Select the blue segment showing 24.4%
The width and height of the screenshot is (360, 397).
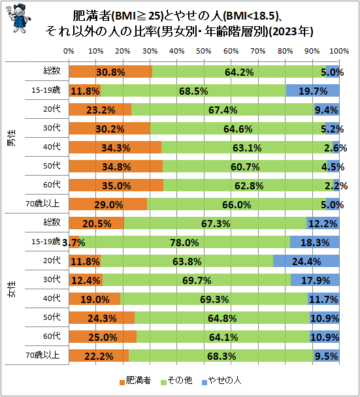click(306, 261)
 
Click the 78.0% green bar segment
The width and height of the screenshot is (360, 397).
click(184, 242)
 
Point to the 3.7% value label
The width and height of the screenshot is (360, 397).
click(74, 242)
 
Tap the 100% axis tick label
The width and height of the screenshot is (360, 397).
click(338, 50)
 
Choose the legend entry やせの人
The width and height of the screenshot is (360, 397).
click(225, 379)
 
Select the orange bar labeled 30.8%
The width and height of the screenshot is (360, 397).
click(109, 72)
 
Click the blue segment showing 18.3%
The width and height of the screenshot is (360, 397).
click(314, 242)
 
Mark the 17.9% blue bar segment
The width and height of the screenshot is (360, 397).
click(315, 280)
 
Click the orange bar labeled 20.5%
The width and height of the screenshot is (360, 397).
click(95, 223)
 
